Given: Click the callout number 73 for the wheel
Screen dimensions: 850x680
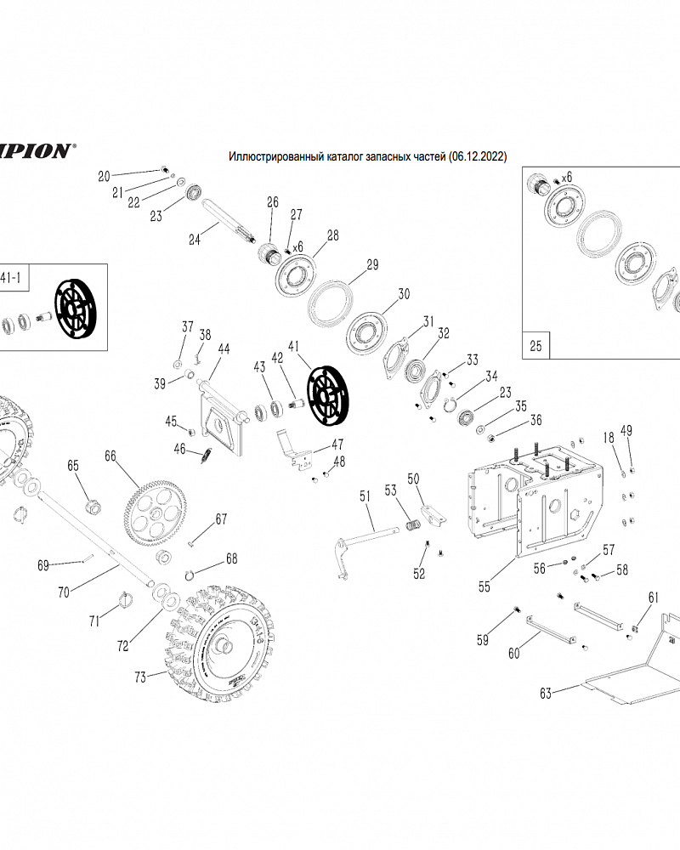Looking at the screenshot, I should (x=141, y=677).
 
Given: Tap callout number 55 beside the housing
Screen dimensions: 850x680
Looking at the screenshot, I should (x=484, y=586).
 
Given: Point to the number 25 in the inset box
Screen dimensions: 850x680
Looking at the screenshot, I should (x=535, y=346).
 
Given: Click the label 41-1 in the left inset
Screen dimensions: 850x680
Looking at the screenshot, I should (x=10, y=277).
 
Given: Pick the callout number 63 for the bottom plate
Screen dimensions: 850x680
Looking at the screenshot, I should (x=546, y=693).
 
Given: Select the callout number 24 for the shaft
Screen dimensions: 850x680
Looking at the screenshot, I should (x=195, y=240).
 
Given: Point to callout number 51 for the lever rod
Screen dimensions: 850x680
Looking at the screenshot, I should (x=365, y=496).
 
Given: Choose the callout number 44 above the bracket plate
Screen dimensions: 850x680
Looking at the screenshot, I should (x=224, y=348).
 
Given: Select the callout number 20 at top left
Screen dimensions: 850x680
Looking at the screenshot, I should (x=105, y=177).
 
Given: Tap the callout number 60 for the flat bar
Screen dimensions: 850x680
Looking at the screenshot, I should (x=513, y=653).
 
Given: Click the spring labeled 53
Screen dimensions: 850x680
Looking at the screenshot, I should (x=411, y=526).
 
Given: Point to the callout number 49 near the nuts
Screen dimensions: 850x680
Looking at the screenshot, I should (x=626, y=432).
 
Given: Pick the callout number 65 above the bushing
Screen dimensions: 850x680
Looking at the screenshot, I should (x=73, y=466).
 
